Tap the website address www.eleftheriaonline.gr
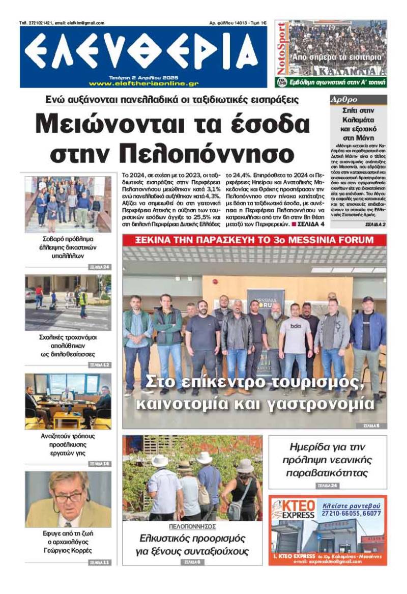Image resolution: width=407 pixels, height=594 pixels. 143,83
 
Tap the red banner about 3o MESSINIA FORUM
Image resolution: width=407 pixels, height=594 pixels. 254,241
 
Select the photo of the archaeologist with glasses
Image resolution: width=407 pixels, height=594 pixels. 68,499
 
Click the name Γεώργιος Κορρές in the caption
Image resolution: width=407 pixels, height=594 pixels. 68,551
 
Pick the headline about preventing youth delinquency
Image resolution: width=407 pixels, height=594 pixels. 328,460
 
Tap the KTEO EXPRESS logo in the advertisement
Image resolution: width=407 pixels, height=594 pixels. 293,510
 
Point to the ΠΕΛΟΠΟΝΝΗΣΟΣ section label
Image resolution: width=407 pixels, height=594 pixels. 192,526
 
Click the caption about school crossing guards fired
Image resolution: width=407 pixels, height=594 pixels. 68,346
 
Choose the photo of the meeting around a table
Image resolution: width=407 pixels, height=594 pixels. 68,401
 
